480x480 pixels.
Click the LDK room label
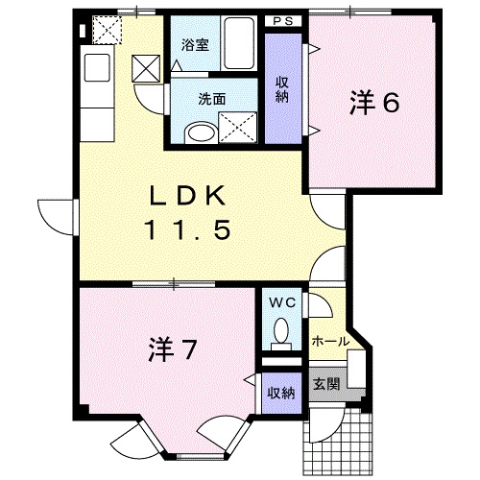tap(188, 195)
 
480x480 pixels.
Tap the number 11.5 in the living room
tap(188, 229)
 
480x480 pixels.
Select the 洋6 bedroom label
tap(374, 103)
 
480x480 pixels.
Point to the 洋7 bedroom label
tap(172, 349)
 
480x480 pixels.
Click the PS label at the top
tap(283, 21)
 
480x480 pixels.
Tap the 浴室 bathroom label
tap(195, 45)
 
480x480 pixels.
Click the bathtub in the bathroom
tap(239, 43)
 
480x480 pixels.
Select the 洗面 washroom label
tap(211, 99)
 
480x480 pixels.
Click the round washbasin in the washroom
tap(201, 132)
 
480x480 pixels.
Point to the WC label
tap(282, 302)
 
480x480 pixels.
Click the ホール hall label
tap(330, 342)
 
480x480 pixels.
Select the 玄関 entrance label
tap(326, 384)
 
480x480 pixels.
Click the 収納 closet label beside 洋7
tap(281, 393)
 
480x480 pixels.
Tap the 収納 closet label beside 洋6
tap(282, 90)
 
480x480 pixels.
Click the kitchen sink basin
tap(97, 67)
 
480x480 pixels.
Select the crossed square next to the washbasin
tap(237, 128)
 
